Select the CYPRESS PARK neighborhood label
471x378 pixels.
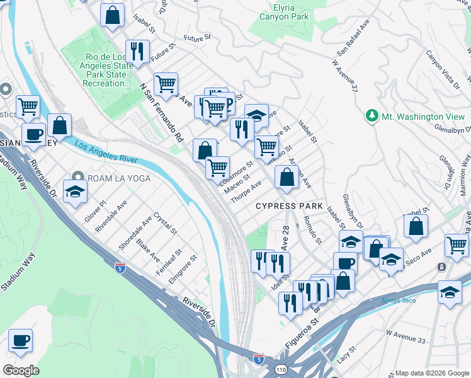click(289, 206)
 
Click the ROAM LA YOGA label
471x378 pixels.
click(119, 178)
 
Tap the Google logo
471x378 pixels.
click(21, 370)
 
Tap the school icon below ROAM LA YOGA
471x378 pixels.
click(75, 192)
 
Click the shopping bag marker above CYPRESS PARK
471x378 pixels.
click(287, 177)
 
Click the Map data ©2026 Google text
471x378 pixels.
click(432, 372)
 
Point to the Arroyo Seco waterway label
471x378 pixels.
click(399, 301)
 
